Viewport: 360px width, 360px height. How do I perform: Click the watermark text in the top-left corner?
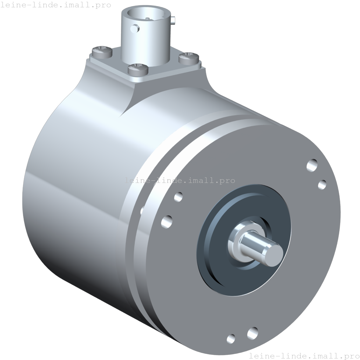tap(56, 5)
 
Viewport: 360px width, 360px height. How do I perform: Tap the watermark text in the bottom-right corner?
tap(304, 355)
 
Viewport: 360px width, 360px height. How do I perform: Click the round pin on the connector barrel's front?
tap(134, 29)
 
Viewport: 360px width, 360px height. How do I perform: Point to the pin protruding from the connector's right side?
tap(173, 20)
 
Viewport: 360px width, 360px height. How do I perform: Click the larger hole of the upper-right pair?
tap(312, 166)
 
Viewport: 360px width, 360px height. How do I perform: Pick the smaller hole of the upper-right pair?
tap(322, 184)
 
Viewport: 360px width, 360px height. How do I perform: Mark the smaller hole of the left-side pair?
tap(178, 197)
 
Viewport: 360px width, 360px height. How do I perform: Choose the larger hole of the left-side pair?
tap(166, 222)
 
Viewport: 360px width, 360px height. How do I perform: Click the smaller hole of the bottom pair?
tap(231, 338)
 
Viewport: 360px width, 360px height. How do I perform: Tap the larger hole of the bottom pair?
tap(252, 333)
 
